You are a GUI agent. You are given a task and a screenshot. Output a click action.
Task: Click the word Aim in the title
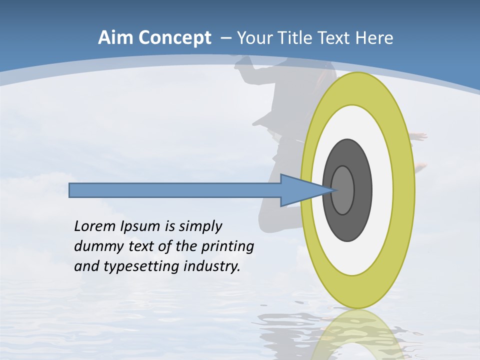click(x=116, y=38)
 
